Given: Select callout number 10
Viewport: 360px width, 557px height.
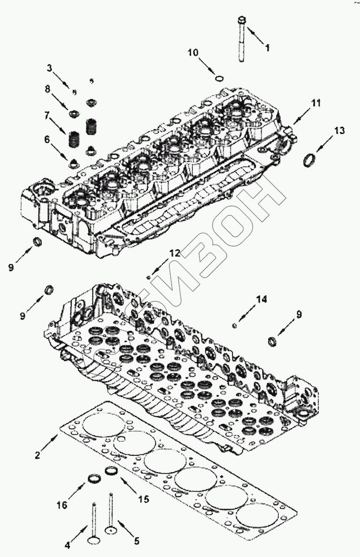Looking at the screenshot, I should (x=193, y=52).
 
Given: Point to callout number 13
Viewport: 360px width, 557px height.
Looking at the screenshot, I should (x=339, y=131).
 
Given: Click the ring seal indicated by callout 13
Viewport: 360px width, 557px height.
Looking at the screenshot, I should (x=307, y=161).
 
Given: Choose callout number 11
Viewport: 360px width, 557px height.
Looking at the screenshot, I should (x=316, y=103).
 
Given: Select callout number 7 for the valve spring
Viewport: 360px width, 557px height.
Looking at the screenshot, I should (x=46, y=115).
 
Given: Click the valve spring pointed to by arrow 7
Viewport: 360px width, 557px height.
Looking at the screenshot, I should (x=73, y=138).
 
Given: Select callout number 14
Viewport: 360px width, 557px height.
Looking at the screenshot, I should (x=262, y=299).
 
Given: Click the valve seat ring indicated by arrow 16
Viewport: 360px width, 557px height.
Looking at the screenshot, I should (x=94, y=478).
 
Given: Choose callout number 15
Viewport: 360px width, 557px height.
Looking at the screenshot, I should (x=143, y=499).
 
